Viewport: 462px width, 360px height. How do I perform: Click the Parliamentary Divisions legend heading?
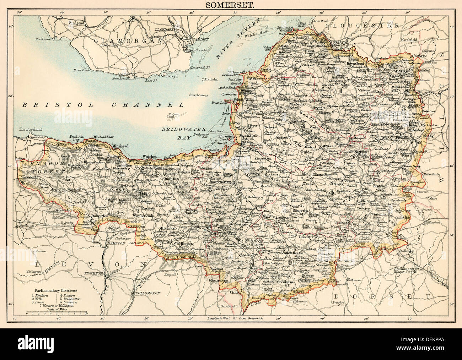point(50,290)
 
